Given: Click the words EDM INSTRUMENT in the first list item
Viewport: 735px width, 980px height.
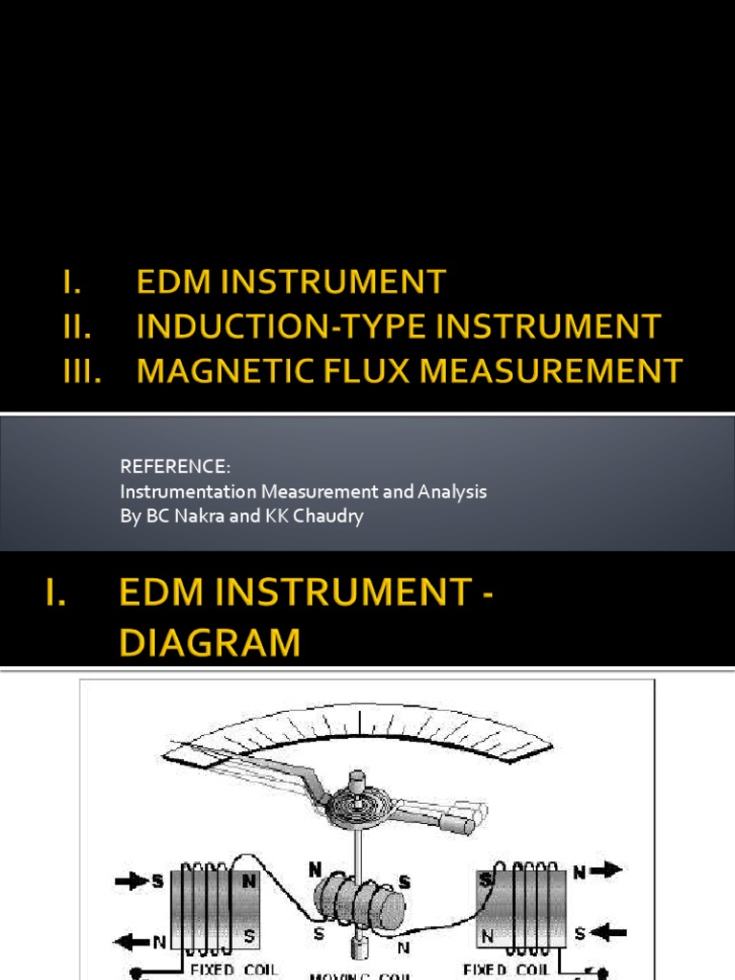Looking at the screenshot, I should pyautogui.click(x=291, y=282).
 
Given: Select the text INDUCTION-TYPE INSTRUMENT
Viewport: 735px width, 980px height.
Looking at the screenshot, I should pyautogui.click(x=398, y=326).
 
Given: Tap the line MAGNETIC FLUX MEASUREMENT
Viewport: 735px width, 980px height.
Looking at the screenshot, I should pyautogui.click(x=410, y=370).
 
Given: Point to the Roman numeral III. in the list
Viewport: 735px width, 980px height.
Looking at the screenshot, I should pyautogui.click(x=82, y=370).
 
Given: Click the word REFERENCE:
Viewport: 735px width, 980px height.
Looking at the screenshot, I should pyautogui.click(x=175, y=466).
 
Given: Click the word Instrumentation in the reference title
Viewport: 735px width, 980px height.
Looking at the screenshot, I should pyautogui.click(x=176, y=492).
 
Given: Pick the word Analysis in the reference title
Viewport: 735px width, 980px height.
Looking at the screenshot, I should pyautogui.click(x=453, y=492).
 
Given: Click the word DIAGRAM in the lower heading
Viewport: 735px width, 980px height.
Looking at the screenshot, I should pyautogui.click(x=209, y=641).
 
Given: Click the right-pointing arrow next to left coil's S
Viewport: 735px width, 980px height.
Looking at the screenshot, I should pyautogui.click(x=130, y=880).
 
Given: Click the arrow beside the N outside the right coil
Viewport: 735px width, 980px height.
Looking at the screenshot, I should pyautogui.click(x=608, y=870).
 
